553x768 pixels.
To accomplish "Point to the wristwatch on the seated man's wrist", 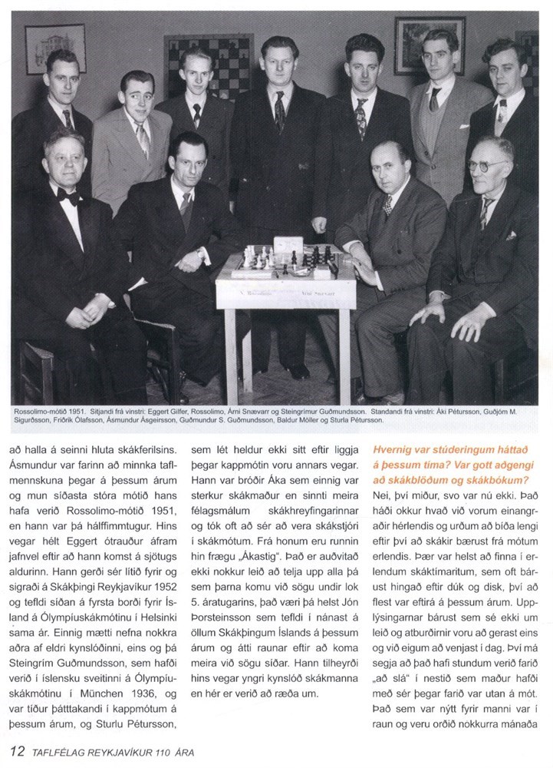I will tap(199, 252).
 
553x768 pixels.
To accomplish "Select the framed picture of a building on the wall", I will tap(55, 48).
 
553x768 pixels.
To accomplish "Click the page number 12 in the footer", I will tap(15, 750).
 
